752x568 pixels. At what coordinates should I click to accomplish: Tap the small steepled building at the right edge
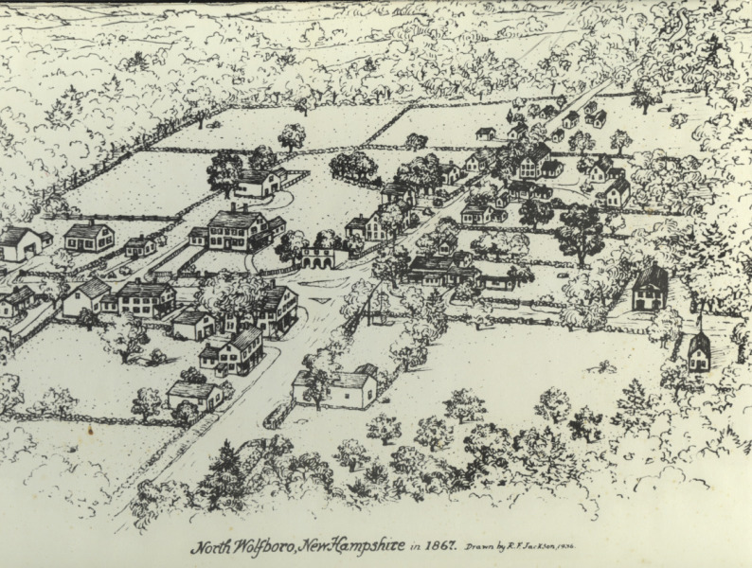point(699,352)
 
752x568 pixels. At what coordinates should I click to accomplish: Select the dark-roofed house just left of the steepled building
point(650,289)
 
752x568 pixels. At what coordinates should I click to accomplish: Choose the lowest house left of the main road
point(194,392)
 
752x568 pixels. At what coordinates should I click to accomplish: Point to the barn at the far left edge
point(19,243)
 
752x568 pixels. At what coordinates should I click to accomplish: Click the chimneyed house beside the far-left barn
point(89,236)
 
